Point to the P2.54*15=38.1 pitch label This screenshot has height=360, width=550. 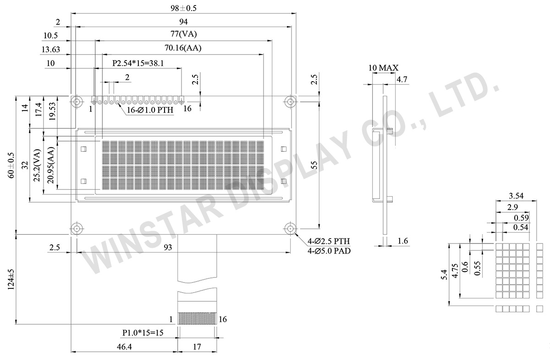point(138,64)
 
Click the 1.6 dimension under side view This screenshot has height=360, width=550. point(402,241)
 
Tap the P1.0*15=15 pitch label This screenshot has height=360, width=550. point(143,332)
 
